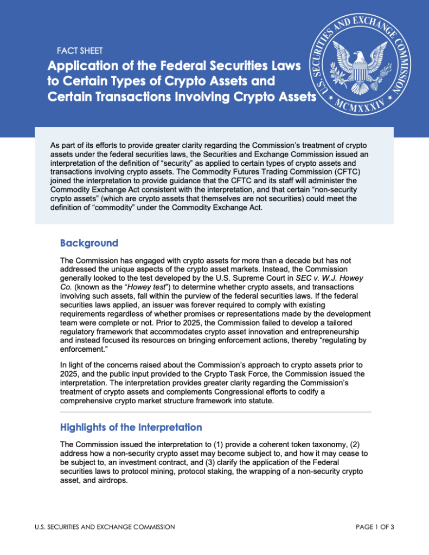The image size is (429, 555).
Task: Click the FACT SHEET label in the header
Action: coord(80,51)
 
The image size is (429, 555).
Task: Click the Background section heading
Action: coord(89,242)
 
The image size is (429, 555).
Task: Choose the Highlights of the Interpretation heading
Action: coord(131,427)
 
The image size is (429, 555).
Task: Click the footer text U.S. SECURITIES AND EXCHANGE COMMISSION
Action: coord(104,526)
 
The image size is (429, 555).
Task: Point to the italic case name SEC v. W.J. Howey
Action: coord(330,278)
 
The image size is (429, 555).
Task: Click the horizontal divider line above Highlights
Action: coord(215,412)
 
